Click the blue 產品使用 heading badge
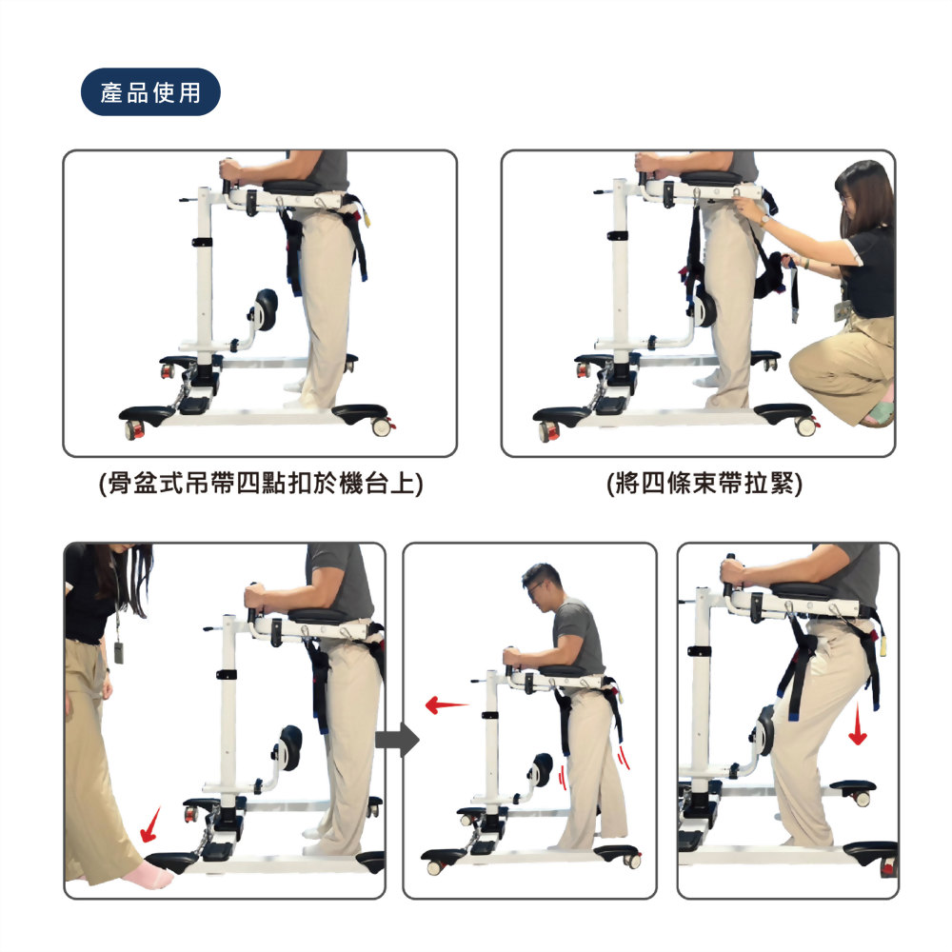coord(150,92)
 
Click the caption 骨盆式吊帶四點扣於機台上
coord(261,484)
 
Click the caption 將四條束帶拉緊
coord(704,484)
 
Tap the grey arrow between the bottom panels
coord(397,740)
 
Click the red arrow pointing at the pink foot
coord(150,825)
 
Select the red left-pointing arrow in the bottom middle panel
coord(446,704)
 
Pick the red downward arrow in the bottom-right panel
coord(858,724)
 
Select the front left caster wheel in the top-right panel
coord(549,431)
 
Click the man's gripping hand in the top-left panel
coord(230,169)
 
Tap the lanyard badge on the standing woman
coord(119,651)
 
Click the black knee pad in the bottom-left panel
coord(290,747)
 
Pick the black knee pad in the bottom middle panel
coord(543,769)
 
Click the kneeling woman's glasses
coord(843,196)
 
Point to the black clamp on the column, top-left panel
coord(202,242)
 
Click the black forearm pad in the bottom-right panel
coord(804,588)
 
